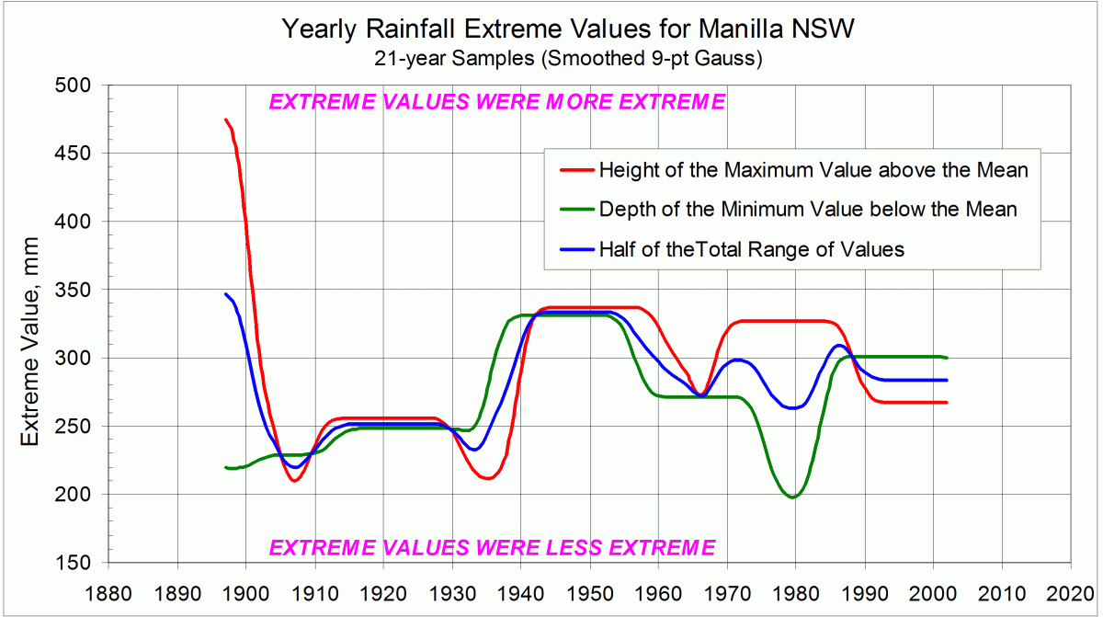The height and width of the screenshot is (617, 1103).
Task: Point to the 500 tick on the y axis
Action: coord(72,86)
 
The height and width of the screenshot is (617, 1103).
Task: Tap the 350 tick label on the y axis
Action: coord(72,290)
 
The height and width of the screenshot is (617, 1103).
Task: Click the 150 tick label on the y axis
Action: coord(72,563)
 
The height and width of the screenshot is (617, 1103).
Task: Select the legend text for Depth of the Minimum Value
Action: coord(808,210)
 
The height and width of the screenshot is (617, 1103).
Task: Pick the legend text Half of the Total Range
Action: coord(752,249)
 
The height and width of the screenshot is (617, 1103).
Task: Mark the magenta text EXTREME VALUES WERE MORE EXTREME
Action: coord(496,102)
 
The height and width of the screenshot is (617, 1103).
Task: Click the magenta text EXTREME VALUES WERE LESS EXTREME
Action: coord(491,548)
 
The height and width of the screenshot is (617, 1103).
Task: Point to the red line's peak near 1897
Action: coord(226,120)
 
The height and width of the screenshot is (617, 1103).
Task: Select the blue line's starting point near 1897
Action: coord(226,294)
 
